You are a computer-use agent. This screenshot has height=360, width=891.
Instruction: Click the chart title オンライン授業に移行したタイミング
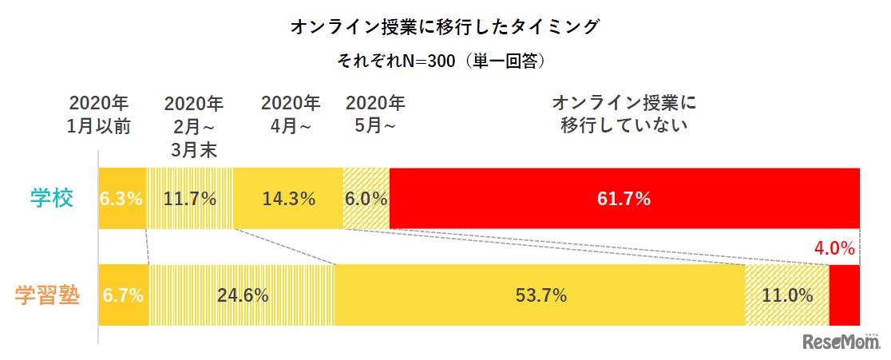[x=445, y=27]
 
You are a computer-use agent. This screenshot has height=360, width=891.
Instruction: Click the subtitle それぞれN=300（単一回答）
[x=445, y=60]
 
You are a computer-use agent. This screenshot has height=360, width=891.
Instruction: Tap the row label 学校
[x=53, y=199]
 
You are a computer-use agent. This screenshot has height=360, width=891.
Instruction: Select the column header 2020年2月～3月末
[x=194, y=127]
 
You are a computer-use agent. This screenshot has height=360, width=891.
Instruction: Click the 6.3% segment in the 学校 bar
[x=121, y=199]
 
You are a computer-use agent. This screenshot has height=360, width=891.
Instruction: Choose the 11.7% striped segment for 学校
[x=190, y=199]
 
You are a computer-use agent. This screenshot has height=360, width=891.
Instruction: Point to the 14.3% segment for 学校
[x=288, y=199]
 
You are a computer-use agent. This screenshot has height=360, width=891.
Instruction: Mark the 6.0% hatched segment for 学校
[x=366, y=199]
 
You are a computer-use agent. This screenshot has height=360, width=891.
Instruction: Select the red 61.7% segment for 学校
[x=624, y=199]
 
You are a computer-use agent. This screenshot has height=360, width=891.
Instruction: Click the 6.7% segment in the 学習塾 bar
[x=123, y=295]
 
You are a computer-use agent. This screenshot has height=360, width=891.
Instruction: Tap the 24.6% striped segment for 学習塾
[x=242, y=295]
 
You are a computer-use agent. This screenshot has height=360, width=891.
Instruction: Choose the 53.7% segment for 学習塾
[x=540, y=295]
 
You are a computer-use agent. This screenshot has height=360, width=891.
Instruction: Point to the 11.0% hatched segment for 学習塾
[x=787, y=295]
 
